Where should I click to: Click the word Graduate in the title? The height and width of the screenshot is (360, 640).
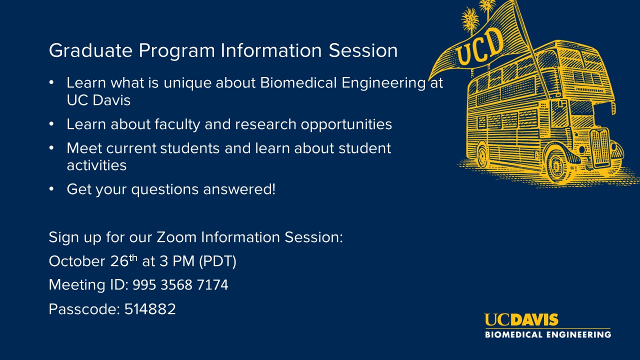[90, 51]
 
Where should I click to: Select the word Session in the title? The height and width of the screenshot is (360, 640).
[363, 50]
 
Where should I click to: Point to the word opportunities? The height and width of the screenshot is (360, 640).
[346, 125]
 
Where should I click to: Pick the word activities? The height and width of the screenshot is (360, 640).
[96, 165]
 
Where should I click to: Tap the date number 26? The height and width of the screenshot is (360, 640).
[119, 261]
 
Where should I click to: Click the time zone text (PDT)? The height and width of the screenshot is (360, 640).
[217, 261]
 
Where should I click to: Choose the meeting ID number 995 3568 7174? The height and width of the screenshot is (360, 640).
[180, 285]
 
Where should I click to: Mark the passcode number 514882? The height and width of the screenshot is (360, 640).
[150, 309]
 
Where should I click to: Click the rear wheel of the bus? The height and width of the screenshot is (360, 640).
[482, 155]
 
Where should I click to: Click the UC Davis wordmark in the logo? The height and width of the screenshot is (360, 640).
[521, 319]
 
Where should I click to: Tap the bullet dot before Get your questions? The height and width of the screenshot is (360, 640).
[51, 189]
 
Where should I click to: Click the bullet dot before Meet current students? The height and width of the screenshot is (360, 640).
[51, 148]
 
